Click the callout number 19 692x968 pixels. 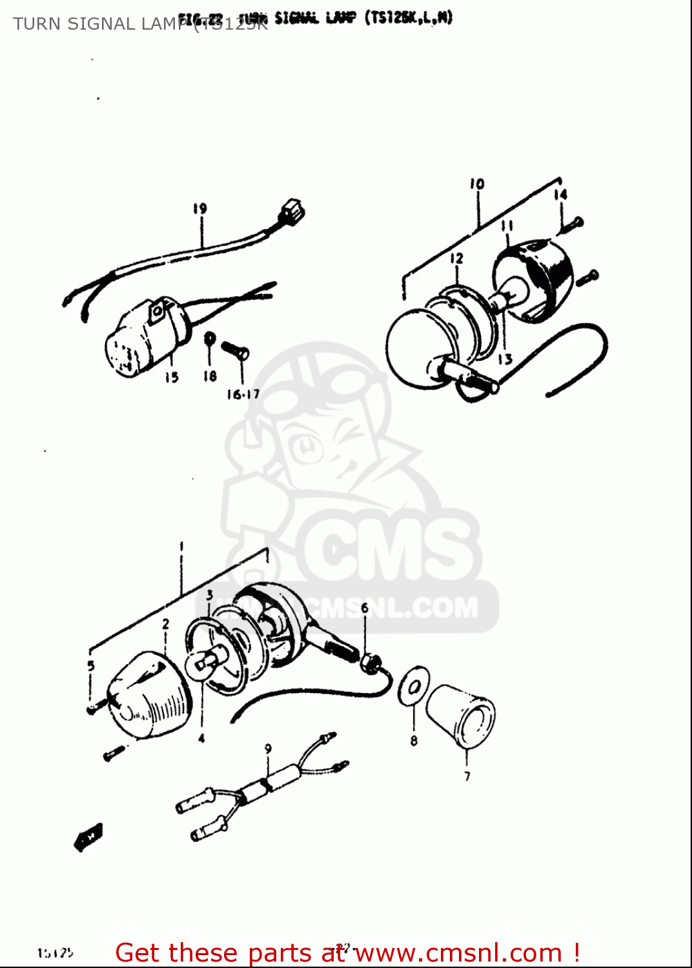199,208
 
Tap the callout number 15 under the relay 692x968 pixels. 171,378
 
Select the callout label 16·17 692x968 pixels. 243,394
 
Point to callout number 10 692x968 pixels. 477,185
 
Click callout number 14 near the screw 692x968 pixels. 560,194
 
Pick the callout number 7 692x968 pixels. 467,776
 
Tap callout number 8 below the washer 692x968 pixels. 414,741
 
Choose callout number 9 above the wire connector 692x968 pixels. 268,749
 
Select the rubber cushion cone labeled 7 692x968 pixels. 461,714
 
